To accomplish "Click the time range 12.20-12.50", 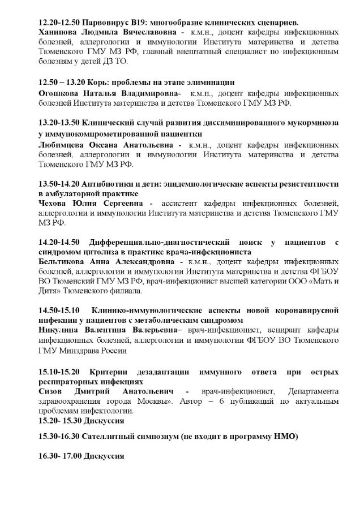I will pyautogui.click(x=59, y=23).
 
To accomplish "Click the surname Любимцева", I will pyautogui.click(x=61, y=145).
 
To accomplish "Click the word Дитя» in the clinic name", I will pyautogui.click(x=50, y=292).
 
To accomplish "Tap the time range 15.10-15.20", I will pyautogui.click(x=59, y=372).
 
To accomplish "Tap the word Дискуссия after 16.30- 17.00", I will pyautogui.click(x=101, y=456).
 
